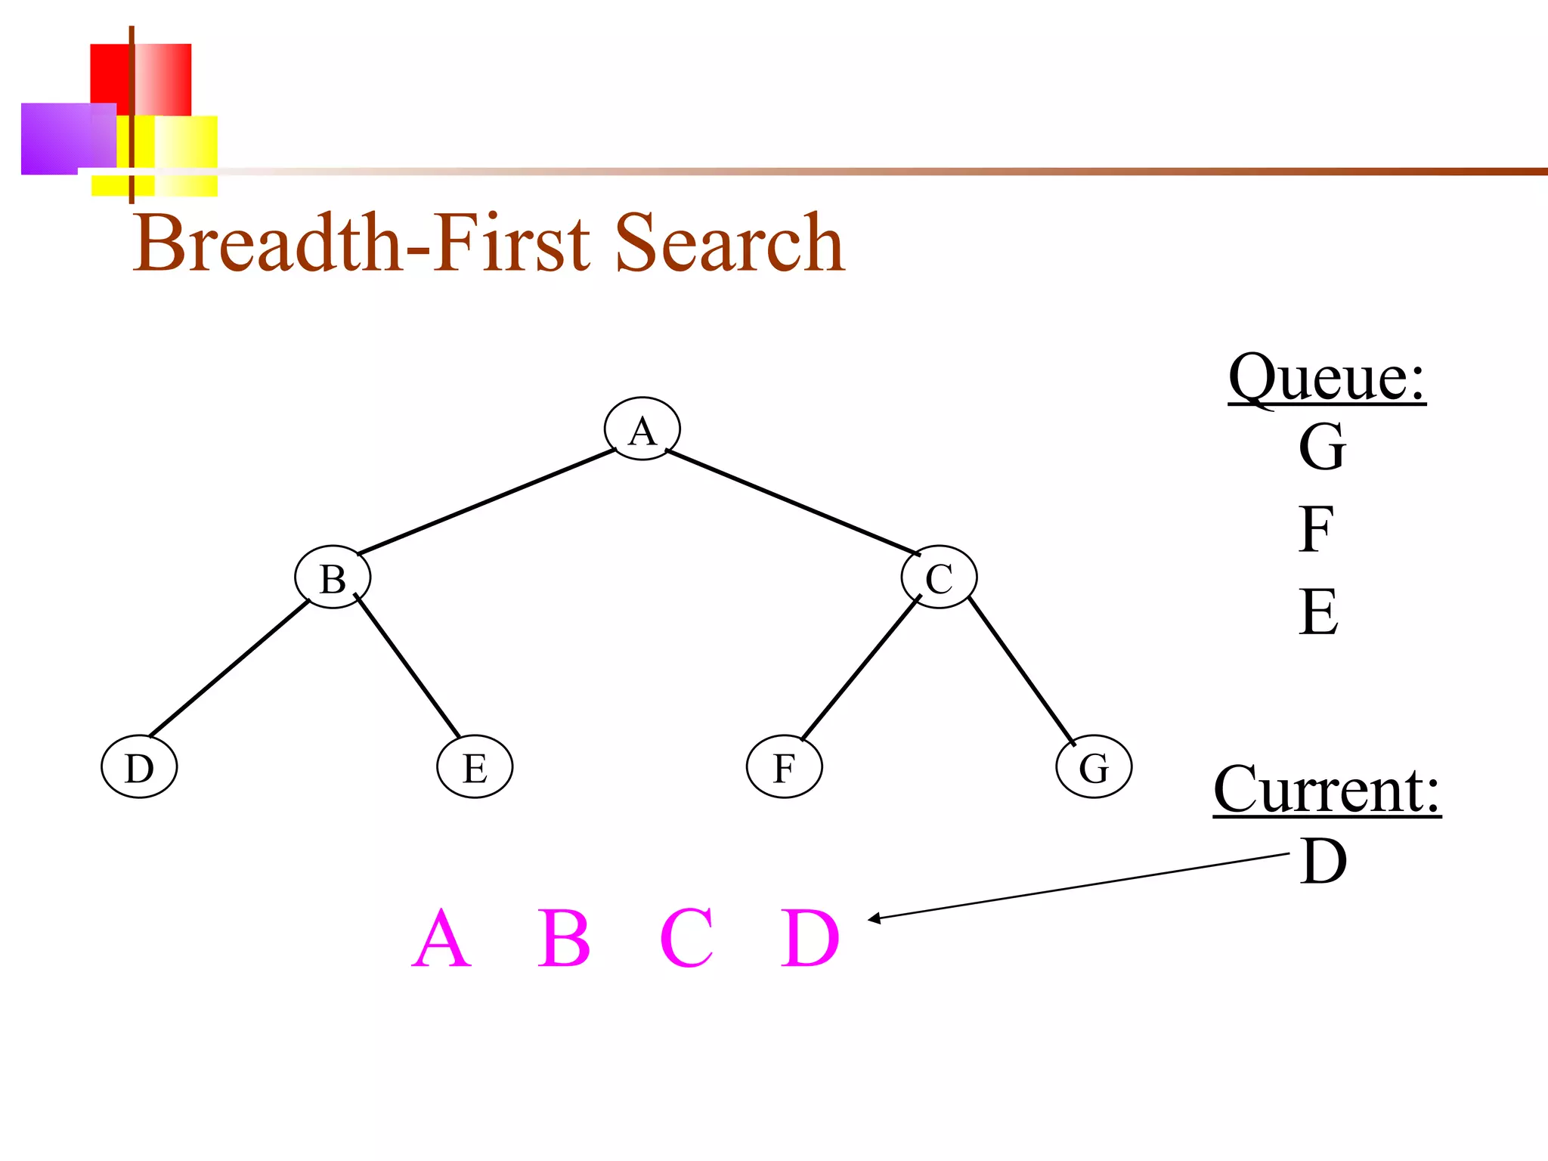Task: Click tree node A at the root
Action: pyautogui.click(x=642, y=429)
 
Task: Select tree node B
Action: pyautogui.click(x=333, y=577)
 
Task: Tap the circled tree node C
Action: pyautogui.click(x=939, y=577)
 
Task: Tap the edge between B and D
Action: pyautogui.click(x=229, y=668)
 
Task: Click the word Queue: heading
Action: pyautogui.click(x=1327, y=377)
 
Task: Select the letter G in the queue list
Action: pyautogui.click(x=1322, y=447)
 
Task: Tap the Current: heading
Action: pyautogui.click(x=1327, y=790)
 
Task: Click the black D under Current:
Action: pyautogui.click(x=1324, y=861)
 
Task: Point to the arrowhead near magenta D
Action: pyautogui.click(x=874, y=918)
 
